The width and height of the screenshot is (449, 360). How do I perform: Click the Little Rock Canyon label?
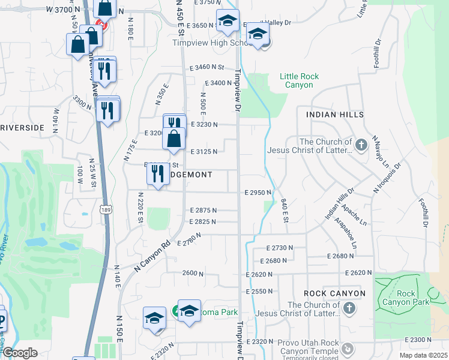tap(299, 80)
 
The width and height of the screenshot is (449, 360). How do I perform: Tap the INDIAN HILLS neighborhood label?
tap(335, 114)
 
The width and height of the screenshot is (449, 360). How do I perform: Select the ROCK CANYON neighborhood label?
tap(334, 293)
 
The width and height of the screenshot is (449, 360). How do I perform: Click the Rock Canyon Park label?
tap(414, 298)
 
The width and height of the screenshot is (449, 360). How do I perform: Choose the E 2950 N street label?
tap(258, 193)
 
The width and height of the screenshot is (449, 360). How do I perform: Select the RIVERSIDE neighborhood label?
tap(22, 128)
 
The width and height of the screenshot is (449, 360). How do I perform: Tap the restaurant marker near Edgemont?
tap(157, 174)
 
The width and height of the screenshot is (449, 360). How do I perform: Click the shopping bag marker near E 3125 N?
tap(173, 139)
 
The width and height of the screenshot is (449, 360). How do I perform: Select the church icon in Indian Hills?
tap(361, 145)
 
